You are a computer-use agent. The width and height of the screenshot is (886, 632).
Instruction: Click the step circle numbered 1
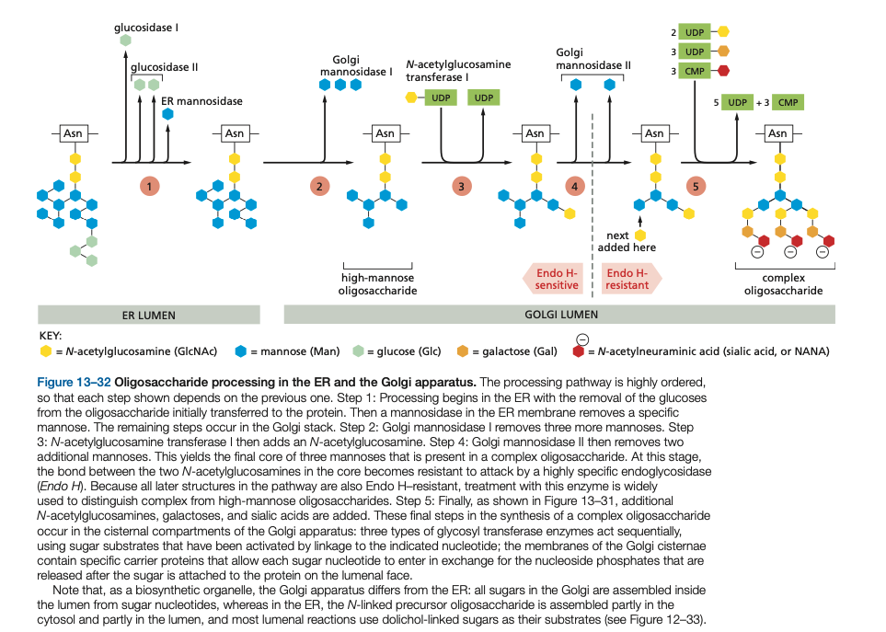pos(149,186)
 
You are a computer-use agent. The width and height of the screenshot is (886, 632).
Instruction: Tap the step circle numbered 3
pos(461,186)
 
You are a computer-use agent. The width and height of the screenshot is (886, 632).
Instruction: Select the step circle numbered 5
pos(696,186)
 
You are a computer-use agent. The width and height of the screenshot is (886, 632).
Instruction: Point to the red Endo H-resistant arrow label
pos(630,279)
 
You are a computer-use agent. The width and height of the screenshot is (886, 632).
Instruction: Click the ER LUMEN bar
pos(149,315)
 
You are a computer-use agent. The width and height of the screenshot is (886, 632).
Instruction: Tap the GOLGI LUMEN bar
pos(559,314)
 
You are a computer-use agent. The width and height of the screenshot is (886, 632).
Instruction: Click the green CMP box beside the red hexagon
pos(695,71)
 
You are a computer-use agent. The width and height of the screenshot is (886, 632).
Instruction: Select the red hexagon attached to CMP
pos(723,71)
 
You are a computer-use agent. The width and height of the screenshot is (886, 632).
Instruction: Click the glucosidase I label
pos(145,27)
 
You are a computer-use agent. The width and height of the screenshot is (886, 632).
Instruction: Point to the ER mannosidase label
pos(201,101)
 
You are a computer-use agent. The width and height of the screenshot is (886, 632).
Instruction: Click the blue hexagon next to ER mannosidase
pos(167,114)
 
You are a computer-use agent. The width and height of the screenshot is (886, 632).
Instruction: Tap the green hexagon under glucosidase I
pos(125,40)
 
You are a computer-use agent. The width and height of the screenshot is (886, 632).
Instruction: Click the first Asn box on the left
pos(73,133)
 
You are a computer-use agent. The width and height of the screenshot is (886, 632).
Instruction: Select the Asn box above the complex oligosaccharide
pos(777,133)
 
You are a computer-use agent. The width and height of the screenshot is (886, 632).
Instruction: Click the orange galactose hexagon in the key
pos(462,351)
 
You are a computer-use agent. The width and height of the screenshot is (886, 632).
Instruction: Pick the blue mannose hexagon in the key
pos(241,351)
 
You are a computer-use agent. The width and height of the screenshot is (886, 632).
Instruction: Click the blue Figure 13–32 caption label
pos(74,382)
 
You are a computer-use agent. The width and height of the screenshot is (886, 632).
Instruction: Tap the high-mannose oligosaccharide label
pos(377,284)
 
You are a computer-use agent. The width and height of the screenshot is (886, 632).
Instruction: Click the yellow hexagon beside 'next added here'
pos(640,235)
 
